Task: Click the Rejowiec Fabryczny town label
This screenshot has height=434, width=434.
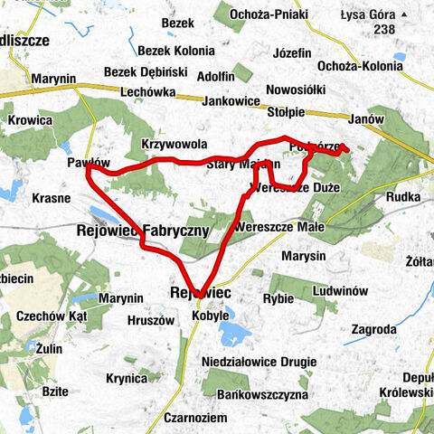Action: tap(144, 231)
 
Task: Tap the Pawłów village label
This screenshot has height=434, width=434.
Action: tap(89, 161)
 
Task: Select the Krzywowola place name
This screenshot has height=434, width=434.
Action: tap(175, 144)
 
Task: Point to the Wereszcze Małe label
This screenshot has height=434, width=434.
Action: tap(273, 228)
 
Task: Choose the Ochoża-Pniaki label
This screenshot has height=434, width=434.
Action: tap(269, 15)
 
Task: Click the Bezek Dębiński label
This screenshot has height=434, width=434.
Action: tap(145, 71)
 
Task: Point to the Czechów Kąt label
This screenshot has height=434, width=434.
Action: tap(51, 316)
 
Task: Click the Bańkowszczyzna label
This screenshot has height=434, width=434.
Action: tap(273, 395)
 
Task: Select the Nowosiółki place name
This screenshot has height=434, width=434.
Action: tap(297, 91)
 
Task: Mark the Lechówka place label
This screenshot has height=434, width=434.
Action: tap(151, 91)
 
